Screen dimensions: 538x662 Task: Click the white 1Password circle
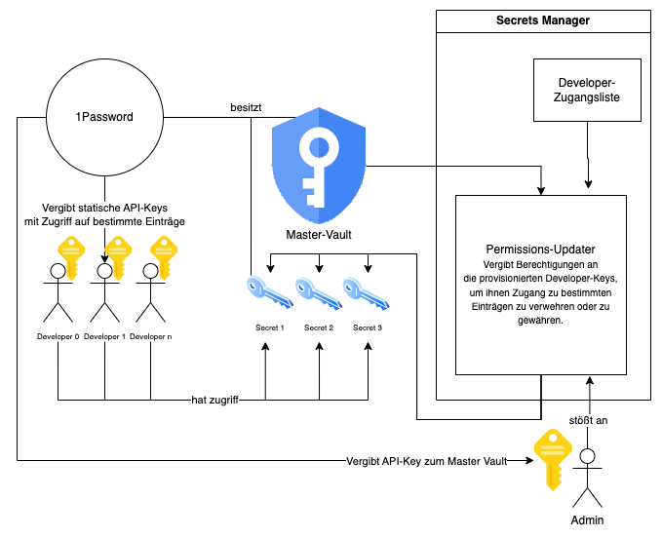104,117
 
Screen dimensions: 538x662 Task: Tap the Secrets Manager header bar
542,20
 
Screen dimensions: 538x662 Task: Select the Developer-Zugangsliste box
587,90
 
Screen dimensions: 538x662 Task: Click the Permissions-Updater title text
540,250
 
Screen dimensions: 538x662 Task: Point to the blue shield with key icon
319,166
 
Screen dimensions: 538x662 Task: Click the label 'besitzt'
246,107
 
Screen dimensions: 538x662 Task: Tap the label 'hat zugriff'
214,400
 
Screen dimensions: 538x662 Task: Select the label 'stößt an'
588,420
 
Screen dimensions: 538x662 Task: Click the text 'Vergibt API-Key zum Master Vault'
426,461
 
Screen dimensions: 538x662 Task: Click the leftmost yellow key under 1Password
71,257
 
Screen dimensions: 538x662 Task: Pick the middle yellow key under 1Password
118,257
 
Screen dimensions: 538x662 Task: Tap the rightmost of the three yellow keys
164,257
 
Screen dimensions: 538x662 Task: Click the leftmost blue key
269,291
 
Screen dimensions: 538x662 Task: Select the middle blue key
318,292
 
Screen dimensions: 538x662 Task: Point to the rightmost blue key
366,292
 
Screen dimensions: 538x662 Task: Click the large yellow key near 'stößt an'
552,458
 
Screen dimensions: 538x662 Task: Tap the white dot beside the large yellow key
587,455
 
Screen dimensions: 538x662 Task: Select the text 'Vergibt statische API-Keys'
104,209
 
